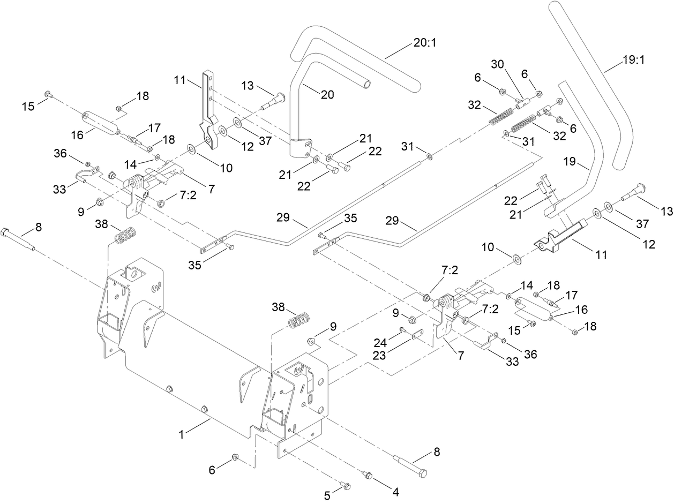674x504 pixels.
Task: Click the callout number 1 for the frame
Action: (x=182, y=435)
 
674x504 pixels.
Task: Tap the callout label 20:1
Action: (x=425, y=43)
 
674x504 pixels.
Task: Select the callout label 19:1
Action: (x=633, y=60)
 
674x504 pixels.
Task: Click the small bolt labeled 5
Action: (x=346, y=486)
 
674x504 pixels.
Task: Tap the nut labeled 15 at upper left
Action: (x=48, y=94)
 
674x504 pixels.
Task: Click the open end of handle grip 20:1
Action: (x=365, y=85)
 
